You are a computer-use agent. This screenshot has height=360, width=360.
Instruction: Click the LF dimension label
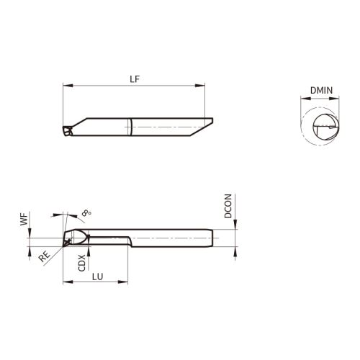135,79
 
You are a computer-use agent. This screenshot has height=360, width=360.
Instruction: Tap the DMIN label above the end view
321,91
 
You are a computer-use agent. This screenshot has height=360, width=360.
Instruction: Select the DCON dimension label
228,206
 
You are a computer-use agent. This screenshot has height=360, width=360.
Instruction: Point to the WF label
24,220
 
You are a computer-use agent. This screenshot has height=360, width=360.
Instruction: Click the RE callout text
45,256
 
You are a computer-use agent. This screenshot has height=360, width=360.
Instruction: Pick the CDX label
82,263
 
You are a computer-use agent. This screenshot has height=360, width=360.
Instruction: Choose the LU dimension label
97,276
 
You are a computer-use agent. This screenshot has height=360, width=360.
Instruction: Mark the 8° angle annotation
86,213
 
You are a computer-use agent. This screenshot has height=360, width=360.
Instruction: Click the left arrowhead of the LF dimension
68,86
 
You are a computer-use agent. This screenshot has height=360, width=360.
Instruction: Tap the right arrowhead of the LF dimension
200,86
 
